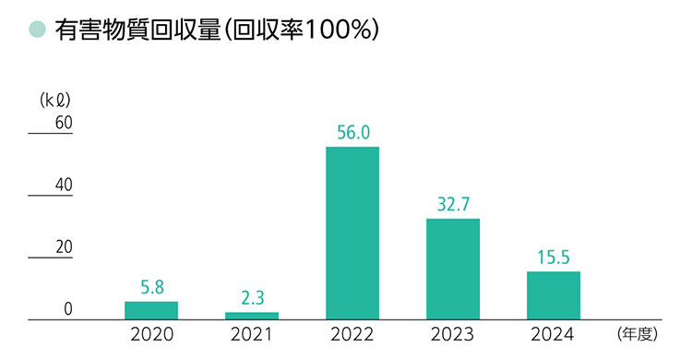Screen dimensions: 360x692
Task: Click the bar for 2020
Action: click(x=151, y=310)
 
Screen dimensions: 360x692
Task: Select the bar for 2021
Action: click(x=252, y=316)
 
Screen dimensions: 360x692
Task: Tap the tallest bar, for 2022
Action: click(x=352, y=233)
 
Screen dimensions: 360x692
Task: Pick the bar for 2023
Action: click(x=453, y=269)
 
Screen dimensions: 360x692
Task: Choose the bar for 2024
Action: click(x=554, y=295)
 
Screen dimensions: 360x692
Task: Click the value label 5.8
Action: click(x=151, y=287)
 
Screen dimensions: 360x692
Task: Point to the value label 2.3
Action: click(x=252, y=298)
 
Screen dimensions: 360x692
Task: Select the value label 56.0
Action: click(x=352, y=132)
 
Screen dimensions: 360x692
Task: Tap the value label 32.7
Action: click(x=453, y=204)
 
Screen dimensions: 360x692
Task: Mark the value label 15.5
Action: click(x=554, y=257)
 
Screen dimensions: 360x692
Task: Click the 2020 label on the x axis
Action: click(x=151, y=334)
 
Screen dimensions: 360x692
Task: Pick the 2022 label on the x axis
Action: click(x=352, y=334)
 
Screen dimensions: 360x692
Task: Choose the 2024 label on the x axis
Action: click(x=554, y=334)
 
